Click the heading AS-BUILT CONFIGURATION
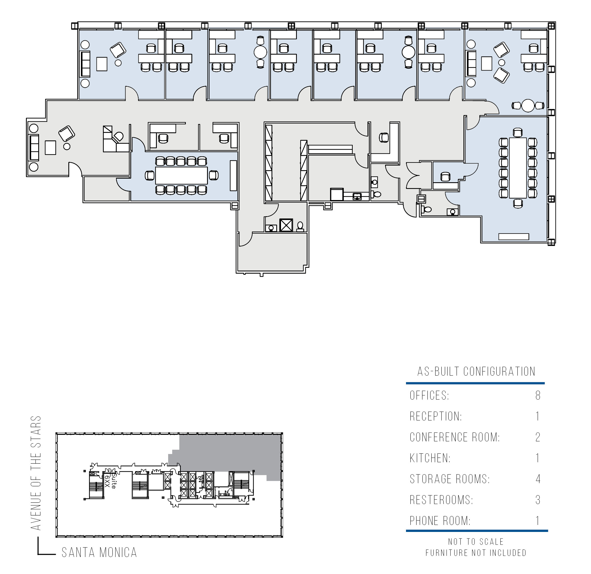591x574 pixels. (x=476, y=371)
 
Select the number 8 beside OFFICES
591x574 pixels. (x=538, y=395)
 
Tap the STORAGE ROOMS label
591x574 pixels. (x=450, y=479)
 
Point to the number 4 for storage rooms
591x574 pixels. (x=538, y=479)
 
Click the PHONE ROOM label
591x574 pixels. (x=440, y=521)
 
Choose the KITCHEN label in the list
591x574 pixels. (x=430, y=458)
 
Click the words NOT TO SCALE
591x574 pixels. (x=476, y=542)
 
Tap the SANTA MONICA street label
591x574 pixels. (x=99, y=553)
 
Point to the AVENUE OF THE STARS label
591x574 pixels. (x=36, y=473)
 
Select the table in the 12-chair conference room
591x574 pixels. (x=518, y=168)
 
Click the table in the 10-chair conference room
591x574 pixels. (x=181, y=176)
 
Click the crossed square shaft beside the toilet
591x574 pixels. (x=286, y=225)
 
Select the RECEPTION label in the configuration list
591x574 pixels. (x=436, y=416)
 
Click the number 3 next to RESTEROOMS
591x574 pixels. (x=538, y=500)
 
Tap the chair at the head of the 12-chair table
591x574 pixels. (x=518, y=132)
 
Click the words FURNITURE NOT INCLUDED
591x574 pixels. (x=476, y=553)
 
